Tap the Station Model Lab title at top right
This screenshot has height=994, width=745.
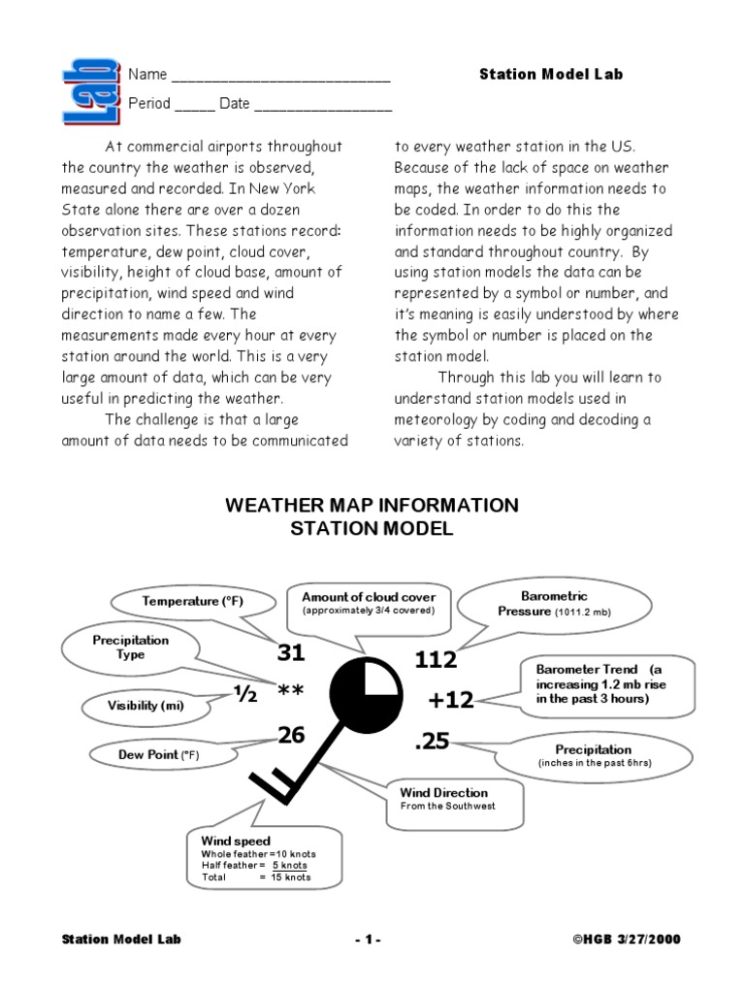pos(551,74)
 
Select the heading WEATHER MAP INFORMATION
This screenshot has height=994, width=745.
pos(372,506)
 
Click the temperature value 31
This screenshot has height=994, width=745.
pos(291,653)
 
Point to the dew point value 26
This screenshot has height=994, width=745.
pos(291,736)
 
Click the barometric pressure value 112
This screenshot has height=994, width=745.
pos(436,660)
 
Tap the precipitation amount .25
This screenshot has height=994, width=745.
pos(433,742)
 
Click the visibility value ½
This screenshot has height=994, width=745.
pos(244,693)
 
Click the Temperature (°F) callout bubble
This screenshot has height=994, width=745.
pos(193,602)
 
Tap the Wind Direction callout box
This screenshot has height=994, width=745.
pos(454,800)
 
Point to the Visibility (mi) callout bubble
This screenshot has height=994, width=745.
pos(146,706)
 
